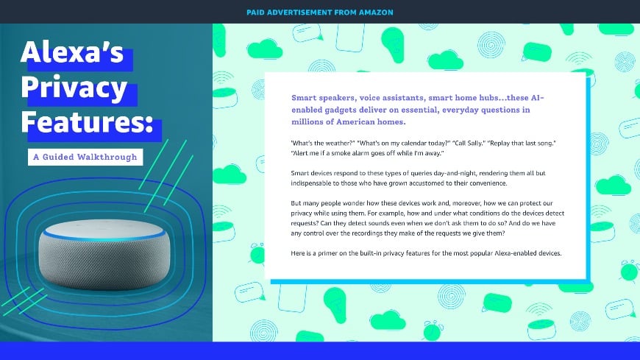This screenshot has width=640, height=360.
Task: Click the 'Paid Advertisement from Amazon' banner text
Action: [319, 12]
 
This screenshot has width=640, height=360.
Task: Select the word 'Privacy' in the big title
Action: [74, 89]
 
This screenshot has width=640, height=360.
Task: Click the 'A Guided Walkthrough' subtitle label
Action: [84, 157]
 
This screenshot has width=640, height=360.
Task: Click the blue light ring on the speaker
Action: [103, 230]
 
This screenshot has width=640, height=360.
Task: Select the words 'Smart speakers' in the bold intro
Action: [324, 98]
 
